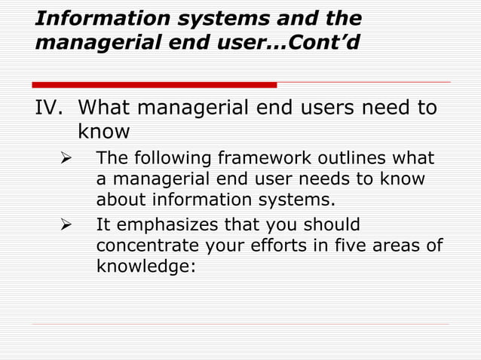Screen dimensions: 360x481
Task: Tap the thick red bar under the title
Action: coord(155,84)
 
